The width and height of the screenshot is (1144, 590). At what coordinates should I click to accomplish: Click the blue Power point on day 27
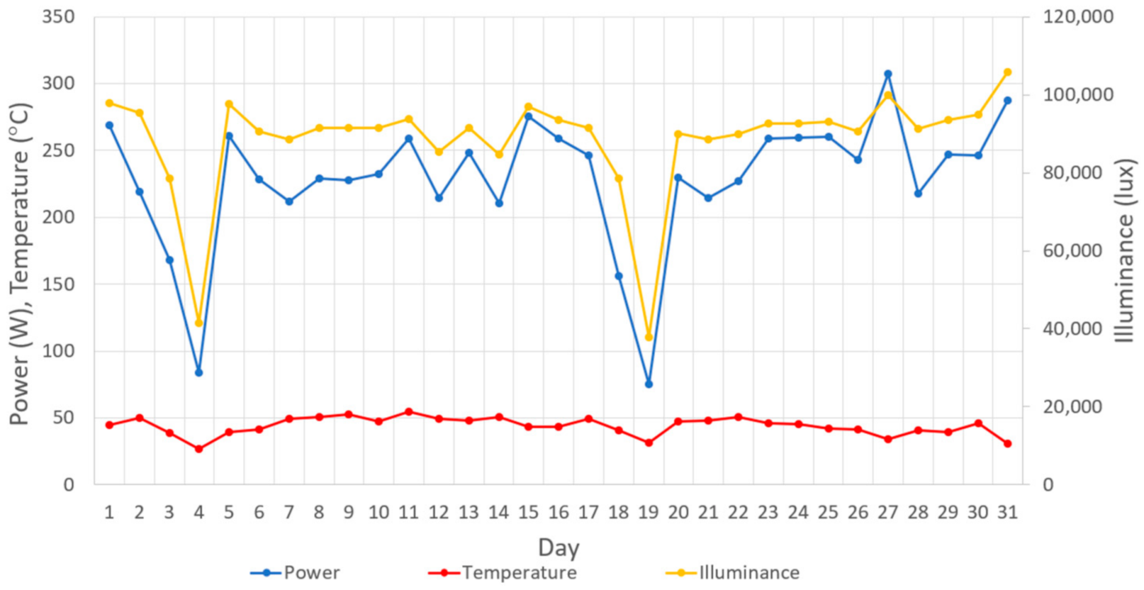(888, 74)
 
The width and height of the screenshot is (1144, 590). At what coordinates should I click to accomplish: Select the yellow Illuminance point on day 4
(199, 323)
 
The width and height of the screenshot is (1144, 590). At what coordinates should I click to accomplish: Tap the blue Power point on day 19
(649, 384)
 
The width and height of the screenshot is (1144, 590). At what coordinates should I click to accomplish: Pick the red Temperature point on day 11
(409, 412)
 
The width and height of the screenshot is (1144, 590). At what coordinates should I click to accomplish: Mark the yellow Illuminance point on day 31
(1008, 72)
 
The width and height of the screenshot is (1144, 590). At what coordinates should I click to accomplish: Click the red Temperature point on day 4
(199, 449)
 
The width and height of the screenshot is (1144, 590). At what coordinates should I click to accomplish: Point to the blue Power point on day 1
(110, 125)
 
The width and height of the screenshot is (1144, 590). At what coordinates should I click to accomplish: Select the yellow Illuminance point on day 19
(649, 337)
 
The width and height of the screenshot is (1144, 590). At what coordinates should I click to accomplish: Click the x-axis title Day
(559, 547)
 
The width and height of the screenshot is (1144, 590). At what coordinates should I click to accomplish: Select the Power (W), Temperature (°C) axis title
(19, 265)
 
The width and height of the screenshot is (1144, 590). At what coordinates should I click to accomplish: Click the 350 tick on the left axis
(58, 16)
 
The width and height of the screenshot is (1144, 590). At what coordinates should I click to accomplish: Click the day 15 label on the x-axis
(528, 513)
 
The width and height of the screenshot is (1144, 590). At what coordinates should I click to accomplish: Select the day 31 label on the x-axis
(1008, 513)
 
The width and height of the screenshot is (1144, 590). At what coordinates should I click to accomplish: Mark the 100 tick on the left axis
(58, 351)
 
